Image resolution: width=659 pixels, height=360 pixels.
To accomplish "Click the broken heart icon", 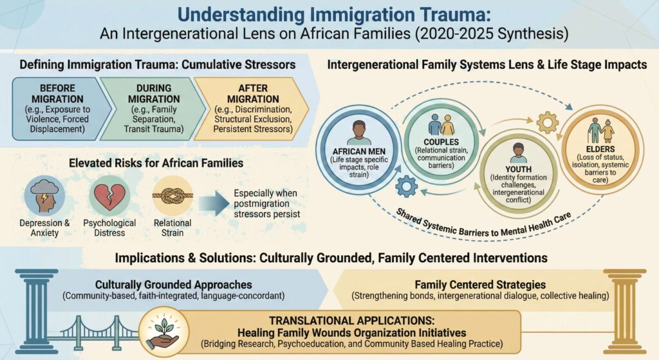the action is [x=109, y=196].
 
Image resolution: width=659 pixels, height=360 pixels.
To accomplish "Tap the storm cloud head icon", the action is [x=44, y=196].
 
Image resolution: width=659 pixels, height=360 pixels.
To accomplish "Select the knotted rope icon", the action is [x=172, y=196].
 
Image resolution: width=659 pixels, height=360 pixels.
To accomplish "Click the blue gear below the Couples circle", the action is [x=407, y=186].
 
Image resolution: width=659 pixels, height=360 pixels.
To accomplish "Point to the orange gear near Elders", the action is [x=548, y=123].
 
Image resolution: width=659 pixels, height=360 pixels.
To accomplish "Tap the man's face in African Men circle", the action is [x=359, y=129].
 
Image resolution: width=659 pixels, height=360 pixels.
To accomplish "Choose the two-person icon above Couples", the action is [x=441, y=124].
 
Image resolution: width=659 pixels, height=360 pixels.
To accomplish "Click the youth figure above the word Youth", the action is [x=519, y=153].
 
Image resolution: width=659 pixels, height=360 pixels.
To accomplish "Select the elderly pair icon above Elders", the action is [x=601, y=130].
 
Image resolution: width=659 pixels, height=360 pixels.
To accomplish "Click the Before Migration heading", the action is [x=57, y=94].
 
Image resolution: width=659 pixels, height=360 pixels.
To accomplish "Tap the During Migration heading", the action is [x=154, y=94].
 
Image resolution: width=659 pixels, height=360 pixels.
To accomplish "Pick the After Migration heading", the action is [x=253, y=94].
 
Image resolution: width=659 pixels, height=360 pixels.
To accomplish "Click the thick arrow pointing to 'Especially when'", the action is [x=214, y=204].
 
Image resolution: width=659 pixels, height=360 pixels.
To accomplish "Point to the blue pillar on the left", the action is [x=37, y=312].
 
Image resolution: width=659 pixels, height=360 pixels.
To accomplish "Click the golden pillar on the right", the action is [x=625, y=312].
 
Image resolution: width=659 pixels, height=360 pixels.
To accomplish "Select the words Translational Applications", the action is [x=352, y=321].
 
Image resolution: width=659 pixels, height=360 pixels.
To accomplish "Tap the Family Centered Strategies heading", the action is [x=480, y=285].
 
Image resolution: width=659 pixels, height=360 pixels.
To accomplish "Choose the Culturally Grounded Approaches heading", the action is [x=174, y=285].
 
